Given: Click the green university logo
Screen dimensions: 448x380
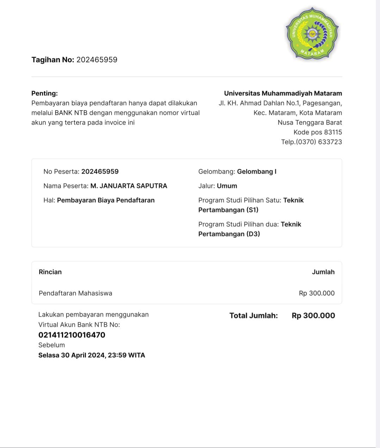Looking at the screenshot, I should [x=312, y=33].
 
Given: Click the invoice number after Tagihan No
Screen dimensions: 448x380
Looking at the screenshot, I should [x=97, y=60].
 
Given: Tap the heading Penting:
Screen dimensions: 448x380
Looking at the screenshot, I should [x=44, y=93].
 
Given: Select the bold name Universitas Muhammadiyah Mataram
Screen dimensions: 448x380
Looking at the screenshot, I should [x=283, y=93].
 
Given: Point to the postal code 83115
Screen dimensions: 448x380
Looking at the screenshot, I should [x=333, y=132].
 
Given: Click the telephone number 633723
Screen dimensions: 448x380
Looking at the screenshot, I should [x=330, y=142].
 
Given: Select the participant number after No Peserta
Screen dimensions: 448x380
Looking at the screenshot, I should [x=100, y=172].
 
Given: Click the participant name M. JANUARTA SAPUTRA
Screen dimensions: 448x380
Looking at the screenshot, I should [x=129, y=186].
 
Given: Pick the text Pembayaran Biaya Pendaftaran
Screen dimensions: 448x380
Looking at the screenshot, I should [x=106, y=200].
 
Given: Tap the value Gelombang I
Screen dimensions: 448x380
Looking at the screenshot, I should [x=256, y=172].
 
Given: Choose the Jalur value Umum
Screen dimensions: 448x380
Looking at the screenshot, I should [x=227, y=186].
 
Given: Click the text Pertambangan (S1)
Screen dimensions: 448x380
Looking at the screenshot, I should [x=228, y=210].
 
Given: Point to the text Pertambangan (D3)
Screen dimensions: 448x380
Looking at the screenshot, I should [x=229, y=234].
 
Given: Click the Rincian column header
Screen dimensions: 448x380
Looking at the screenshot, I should [x=50, y=272].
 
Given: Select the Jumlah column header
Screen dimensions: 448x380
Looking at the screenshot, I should [x=323, y=272].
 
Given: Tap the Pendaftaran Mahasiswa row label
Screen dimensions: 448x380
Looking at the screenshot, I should [x=75, y=293].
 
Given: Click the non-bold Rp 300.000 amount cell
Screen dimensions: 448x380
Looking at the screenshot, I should [x=317, y=293].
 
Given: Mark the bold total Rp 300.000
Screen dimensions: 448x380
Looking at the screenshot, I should [x=313, y=316].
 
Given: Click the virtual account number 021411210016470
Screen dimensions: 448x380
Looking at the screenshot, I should [x=72, y=335].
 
